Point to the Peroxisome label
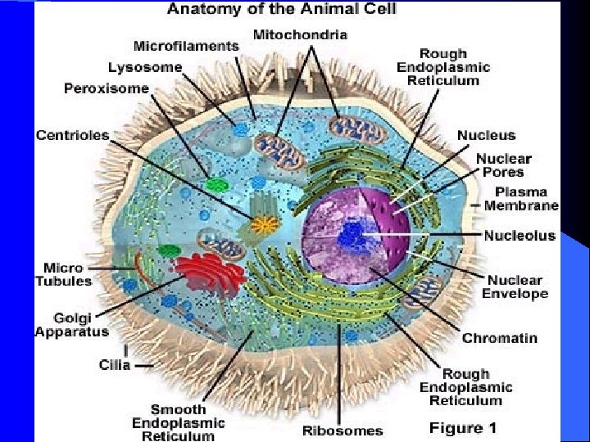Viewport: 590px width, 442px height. pos(107,88)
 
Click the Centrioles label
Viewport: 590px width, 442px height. pos(72,134)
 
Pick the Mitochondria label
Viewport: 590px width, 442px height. pos(301,35)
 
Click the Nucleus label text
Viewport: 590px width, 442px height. pos(486,135)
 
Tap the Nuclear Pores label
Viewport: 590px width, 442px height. pos(503,166)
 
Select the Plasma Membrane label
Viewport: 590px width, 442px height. pos(521,198)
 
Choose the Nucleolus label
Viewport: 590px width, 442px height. pos(519,236)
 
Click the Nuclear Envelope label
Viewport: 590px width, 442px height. pos(515,286)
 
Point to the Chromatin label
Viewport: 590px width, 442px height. pos(500,337)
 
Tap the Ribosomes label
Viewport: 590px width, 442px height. pos(343,431)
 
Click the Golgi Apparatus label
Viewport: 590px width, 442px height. pos(71,325)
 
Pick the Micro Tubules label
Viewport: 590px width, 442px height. pos(63,274)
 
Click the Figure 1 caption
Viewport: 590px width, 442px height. pos(463,427)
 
